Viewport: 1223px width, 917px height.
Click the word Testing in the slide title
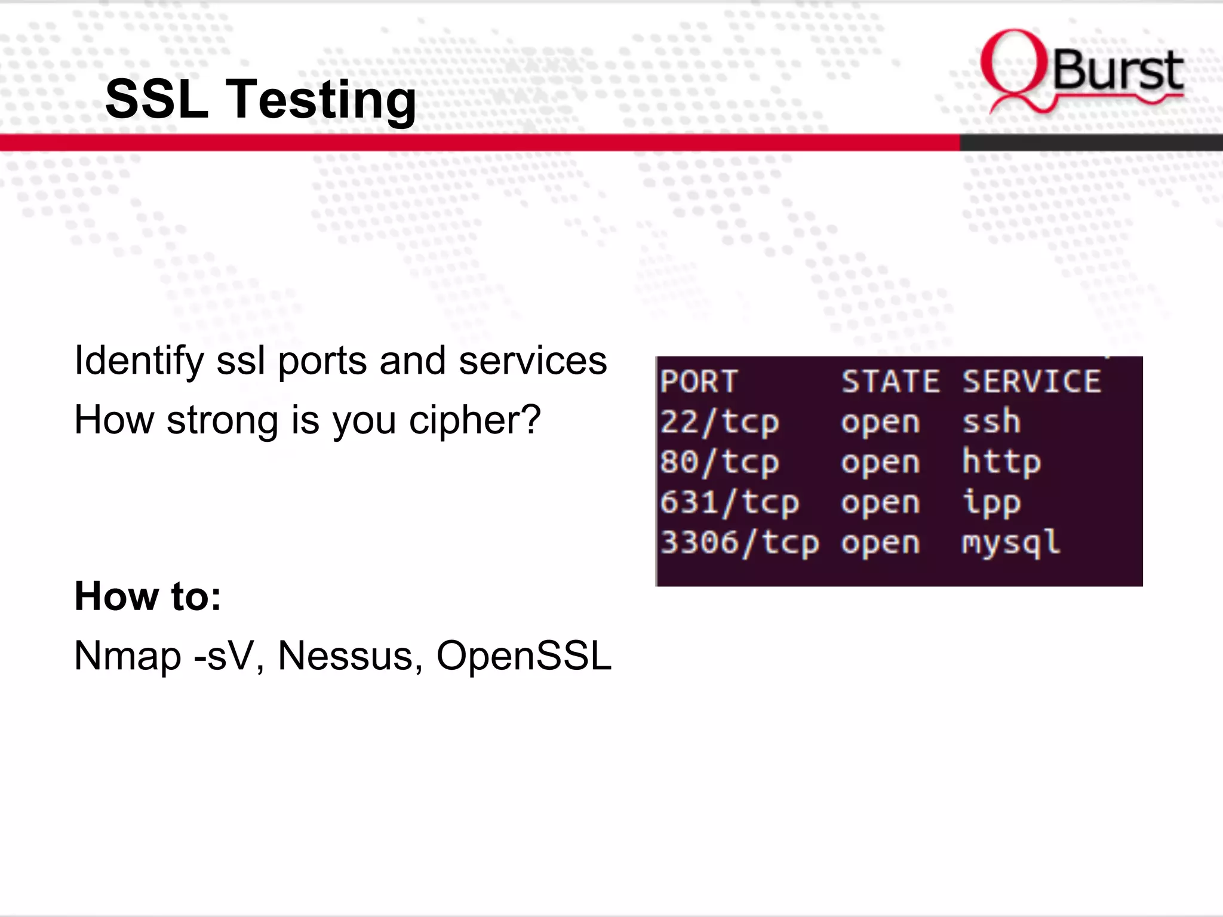(321, 100)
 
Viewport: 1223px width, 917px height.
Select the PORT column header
(699, 381)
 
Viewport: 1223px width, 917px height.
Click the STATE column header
(890, 381)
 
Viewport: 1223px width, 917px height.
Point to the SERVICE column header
(1032, 381)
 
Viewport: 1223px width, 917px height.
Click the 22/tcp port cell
(720, 423)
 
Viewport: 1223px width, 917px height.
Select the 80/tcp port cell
(720, 463)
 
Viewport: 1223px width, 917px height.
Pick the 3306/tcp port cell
(739, 543)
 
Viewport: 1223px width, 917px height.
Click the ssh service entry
(991, 421)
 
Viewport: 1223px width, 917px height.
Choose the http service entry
(1001, 463)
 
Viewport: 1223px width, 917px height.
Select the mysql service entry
(1011, 543)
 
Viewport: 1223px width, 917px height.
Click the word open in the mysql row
(880, 543)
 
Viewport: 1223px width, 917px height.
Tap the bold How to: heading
(148, 596)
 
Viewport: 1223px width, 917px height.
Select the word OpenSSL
(524, 656)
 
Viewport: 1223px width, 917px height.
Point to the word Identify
(139, 362)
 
